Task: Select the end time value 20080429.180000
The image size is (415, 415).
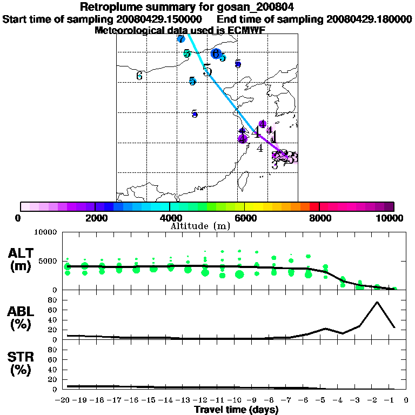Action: click(x=369, y=19)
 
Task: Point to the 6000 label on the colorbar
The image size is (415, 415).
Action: click(x=244, y=218)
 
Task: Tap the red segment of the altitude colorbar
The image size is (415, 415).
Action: click(x=314, y=206)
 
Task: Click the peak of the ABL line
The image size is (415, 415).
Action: click(x=377, y=302)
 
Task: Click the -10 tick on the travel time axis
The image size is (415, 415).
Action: click(x=238, y=400)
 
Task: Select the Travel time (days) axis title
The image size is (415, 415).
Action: click(x=236, y=410)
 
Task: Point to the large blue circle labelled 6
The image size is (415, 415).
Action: click(x=216, y=53)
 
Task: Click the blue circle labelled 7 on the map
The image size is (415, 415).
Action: click(x=181, y=39)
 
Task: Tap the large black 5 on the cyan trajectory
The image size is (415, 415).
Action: click(x=207, y=70)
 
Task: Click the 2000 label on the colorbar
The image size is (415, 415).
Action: click(x=95, y=218)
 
